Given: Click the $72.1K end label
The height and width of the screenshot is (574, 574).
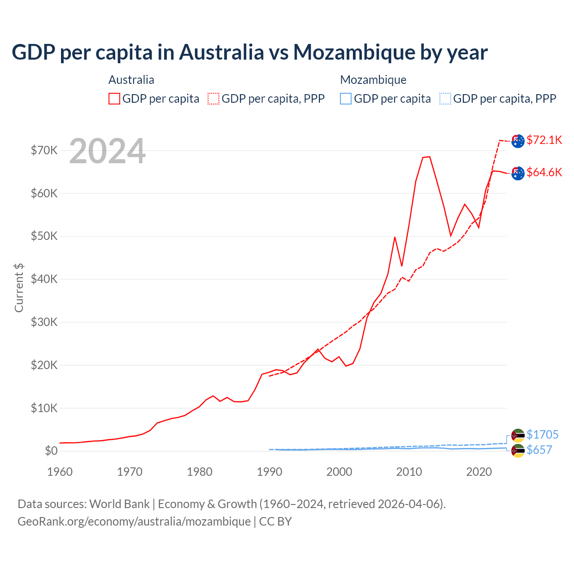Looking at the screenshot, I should (x=544, y=140).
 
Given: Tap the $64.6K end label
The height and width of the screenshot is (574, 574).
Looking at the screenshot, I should (x=544, y=172).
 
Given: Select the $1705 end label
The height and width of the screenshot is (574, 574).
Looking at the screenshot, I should (x=542, y=435).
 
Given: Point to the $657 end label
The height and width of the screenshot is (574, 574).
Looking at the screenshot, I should (x=539, y=450).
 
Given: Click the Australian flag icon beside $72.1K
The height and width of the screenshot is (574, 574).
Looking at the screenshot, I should (x=518, y=141).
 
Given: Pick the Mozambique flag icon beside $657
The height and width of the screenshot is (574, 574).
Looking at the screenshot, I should (x=518, y=451).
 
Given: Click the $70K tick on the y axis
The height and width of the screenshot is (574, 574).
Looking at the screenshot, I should (x=44, y=150).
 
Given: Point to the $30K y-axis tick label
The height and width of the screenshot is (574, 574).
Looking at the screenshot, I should (x=44, y=322).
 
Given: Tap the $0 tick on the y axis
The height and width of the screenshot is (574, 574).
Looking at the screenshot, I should (x=51, y=451).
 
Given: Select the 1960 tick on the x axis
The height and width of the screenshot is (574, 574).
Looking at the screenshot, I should (x=60, y=472).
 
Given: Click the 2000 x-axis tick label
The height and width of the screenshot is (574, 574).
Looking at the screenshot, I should (x=339, y=472).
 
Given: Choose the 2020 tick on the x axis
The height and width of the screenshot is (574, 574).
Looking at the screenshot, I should (x=479, y=472).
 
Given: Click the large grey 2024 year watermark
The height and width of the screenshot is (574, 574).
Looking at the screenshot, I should (x=107, y=151).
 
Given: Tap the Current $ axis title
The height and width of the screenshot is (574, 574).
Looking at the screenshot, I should (x=19, y=288).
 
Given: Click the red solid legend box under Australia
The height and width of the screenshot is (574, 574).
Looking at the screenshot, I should (x=114, y=99).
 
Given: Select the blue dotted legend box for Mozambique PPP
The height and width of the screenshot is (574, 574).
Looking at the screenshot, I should (x=445, y=99).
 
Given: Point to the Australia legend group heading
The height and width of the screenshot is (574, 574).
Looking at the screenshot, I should (x=131, y=80).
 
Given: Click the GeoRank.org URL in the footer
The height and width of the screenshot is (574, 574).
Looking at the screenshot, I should (x=134, y=522).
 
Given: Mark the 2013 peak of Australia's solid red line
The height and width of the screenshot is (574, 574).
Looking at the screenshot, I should (x=429, y=157).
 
